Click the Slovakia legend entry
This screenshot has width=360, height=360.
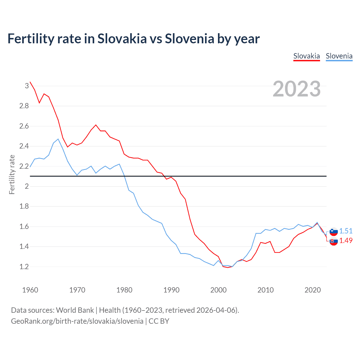(307, 56)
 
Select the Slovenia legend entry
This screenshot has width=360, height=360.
(339, 56)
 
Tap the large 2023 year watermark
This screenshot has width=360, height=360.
(297, 89)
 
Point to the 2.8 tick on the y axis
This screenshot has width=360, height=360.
(24, 106)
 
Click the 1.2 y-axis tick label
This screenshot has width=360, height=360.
(24, 267)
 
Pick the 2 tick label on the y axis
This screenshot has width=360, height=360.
(27, 186)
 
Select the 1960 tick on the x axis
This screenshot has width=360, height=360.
(30, 290)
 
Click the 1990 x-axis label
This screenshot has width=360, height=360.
(171, 290)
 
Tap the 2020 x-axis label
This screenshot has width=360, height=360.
(312, 290)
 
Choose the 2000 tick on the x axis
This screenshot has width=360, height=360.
(218, 290)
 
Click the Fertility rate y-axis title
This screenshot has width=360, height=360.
(12, 174)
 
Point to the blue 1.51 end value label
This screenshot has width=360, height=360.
(346, 231)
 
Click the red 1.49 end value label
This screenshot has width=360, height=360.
(346, 240)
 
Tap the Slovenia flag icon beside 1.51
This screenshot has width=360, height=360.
(334, 231)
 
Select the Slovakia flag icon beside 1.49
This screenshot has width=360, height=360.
(334, 241)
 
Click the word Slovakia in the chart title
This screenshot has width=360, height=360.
(122, 39)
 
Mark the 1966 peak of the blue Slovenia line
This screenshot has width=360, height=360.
(58, 139)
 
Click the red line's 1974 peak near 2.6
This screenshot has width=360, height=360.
(96, 125)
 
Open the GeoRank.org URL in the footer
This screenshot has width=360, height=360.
(77, 321)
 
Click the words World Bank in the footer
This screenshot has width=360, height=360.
(75, 310)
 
